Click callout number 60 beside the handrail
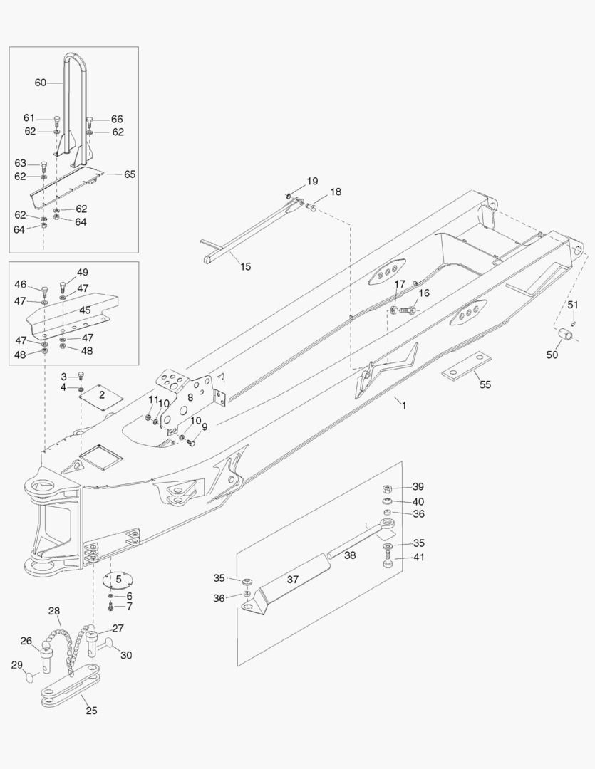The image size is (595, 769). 40,83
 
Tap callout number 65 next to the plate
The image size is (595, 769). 130,174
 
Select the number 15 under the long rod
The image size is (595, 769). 245,267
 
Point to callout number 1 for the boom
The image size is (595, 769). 403,405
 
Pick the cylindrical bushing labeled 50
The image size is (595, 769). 565,333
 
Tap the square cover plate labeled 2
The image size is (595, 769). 100,397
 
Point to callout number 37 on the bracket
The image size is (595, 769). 293,580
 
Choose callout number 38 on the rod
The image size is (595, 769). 351,555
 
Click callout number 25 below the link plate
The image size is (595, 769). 92,710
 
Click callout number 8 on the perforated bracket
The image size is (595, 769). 190,398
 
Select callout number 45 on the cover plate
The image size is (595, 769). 85,310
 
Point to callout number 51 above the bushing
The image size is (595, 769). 572,305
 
